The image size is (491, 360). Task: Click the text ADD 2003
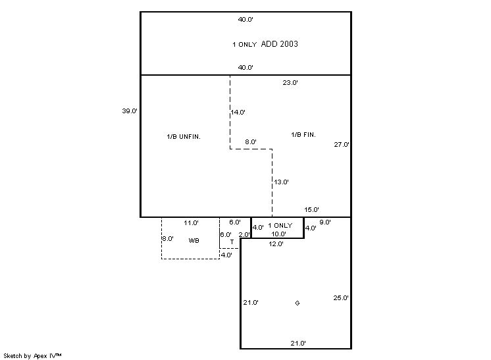[280, 44]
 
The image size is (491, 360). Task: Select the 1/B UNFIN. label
[184, 136]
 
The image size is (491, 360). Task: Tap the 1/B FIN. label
[303, 135]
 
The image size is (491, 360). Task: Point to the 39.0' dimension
[129, 111]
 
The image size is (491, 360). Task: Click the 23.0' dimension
[290, 83]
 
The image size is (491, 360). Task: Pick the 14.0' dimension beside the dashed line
[238, 113]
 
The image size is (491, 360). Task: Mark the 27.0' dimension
[342, 145]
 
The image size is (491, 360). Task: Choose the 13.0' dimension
[282, 182]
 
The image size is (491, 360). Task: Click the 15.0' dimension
[312, 210]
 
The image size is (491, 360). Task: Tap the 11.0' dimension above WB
[191, 223]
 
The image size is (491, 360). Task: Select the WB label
[194, 241]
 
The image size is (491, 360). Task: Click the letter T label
[232, 242]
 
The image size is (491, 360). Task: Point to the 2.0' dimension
[244, 234]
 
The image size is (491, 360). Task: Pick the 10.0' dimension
[279, 234]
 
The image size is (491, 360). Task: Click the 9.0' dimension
[325, 222]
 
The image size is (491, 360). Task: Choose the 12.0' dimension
[276, 244]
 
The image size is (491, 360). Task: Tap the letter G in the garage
[297, 303]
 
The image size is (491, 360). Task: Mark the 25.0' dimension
[341, 298]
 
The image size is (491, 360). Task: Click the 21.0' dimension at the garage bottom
[298, 344]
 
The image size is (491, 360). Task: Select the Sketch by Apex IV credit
[33, 355]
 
